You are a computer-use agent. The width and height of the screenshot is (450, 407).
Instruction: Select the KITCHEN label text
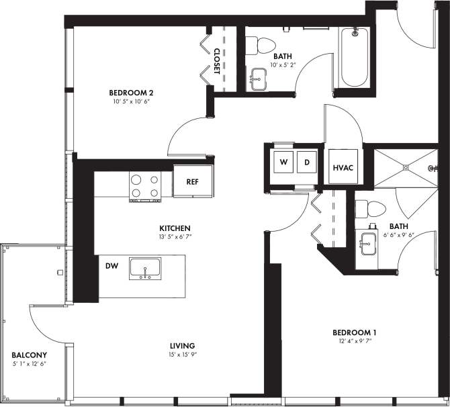pyautogui.click(x=174, y=228)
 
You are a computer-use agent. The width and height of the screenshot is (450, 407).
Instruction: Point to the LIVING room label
pyautogui.click(x=183, y=346)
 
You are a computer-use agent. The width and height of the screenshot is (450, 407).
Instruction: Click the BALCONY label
pyautogui.click(x=29, y=355)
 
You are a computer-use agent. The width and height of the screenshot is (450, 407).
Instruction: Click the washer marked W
pyautogui.click(x=284, y=163)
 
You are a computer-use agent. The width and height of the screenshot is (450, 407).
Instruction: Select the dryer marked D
pyautogui.click(x=307, y=163)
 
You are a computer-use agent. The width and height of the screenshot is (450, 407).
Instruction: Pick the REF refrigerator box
pyautogui.click(x=191, y=181)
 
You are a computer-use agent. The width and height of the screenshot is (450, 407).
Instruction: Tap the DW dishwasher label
pyautogui.click(x=111, y=266)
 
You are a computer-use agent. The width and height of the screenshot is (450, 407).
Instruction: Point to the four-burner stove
pyautogui.click(x=146, y=186)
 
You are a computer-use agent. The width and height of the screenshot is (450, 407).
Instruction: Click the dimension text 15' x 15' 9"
pyautogui.click(x=183, y=355)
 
